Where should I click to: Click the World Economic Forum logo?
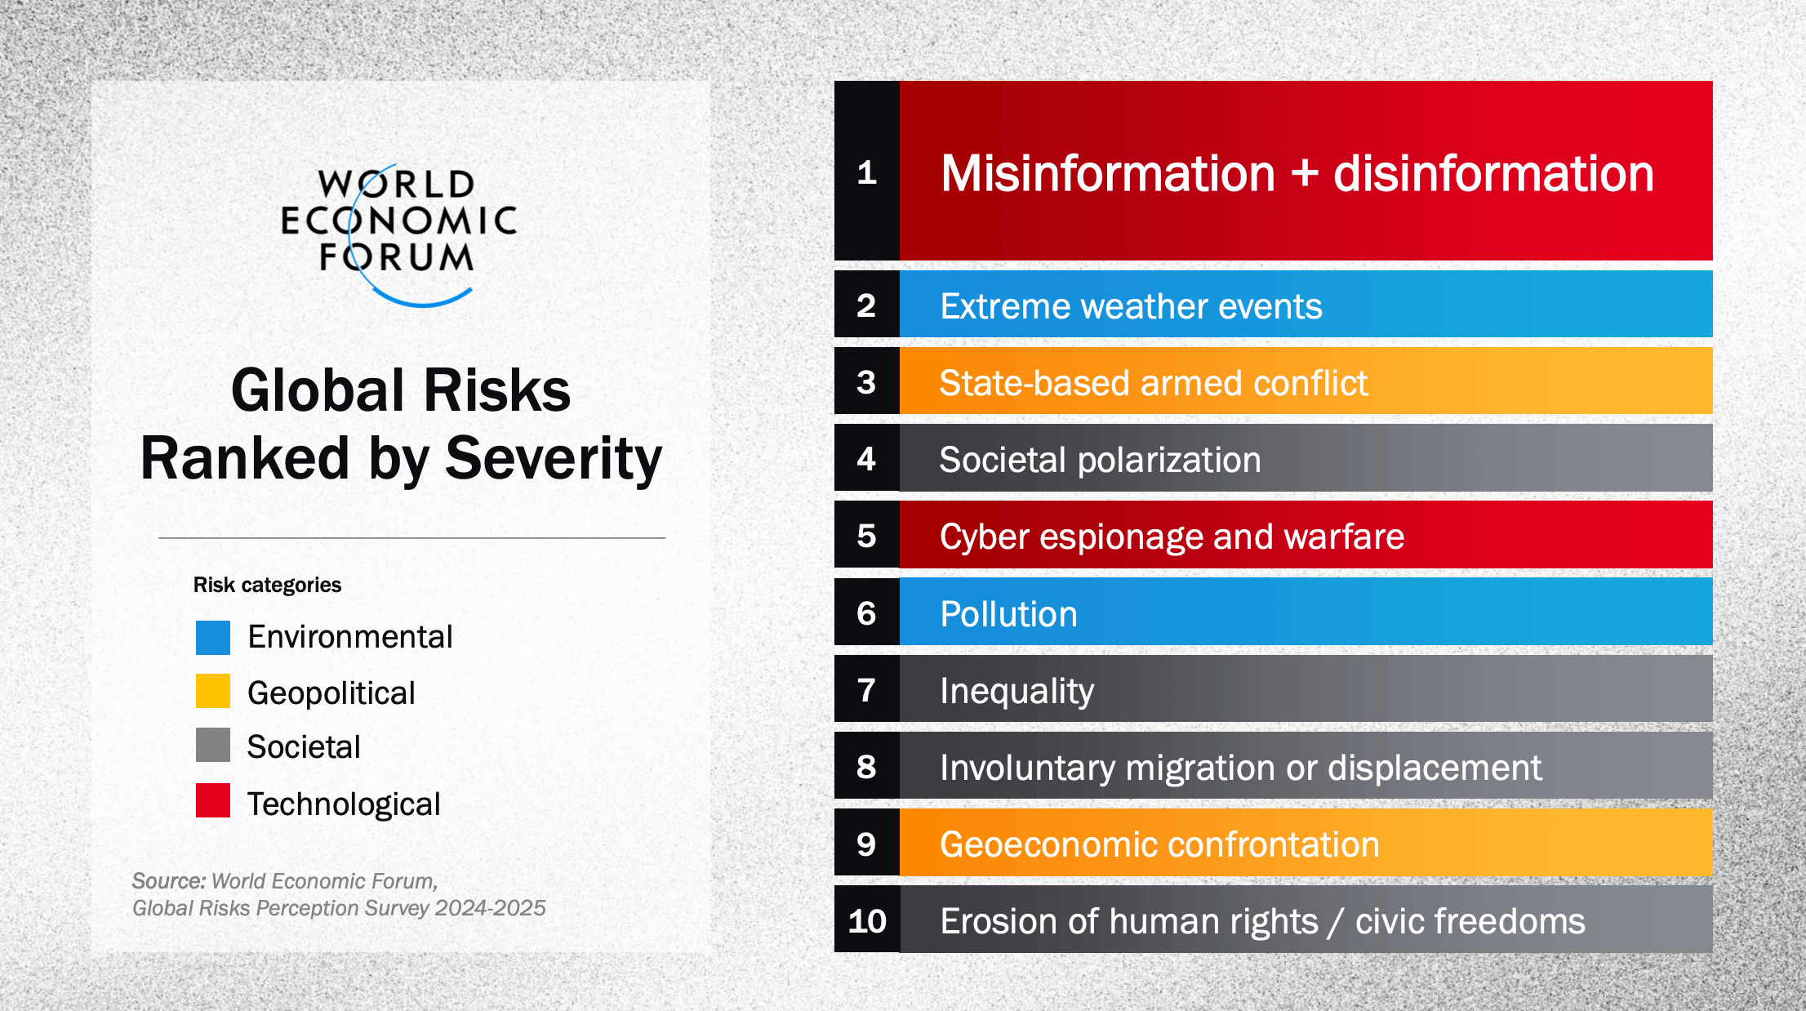[x=398, y=233]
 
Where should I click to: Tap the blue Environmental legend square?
[x=213, y=638]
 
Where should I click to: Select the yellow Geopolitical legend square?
[x=213, y=691]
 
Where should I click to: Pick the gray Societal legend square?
[x=213, y=745]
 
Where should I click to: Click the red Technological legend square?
[x=213, y=800]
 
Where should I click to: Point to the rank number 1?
[x=866, y=172]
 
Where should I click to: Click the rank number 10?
[x=866, y=921]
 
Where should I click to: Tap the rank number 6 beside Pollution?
[x=866, y=613]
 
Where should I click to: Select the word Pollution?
[x=1008, y=614]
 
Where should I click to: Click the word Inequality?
[x=1016, y=691]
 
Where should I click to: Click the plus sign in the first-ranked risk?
[x=1304, y=174]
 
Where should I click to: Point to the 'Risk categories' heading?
[x=267, y=585]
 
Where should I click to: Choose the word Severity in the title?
[x=554, y=458]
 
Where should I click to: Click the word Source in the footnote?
[x=168, y=881]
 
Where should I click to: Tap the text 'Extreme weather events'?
[x=1131, y=306]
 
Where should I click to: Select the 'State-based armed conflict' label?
[x=1153, y=383]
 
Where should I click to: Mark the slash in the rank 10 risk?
[x=1336, y=922]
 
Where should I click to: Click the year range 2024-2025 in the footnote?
[x=490, y=908]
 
